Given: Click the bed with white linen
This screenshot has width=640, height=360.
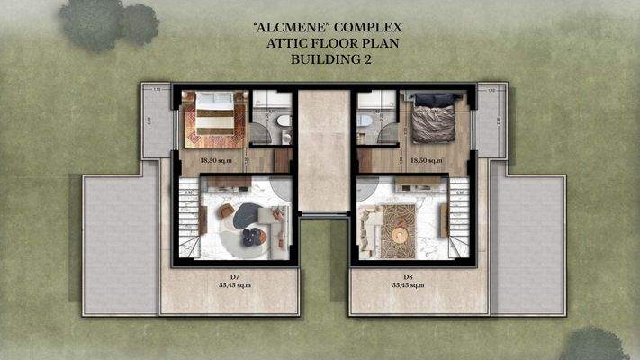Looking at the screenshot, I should [213, 117].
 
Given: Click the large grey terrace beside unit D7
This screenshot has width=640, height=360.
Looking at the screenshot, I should [120, 243].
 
